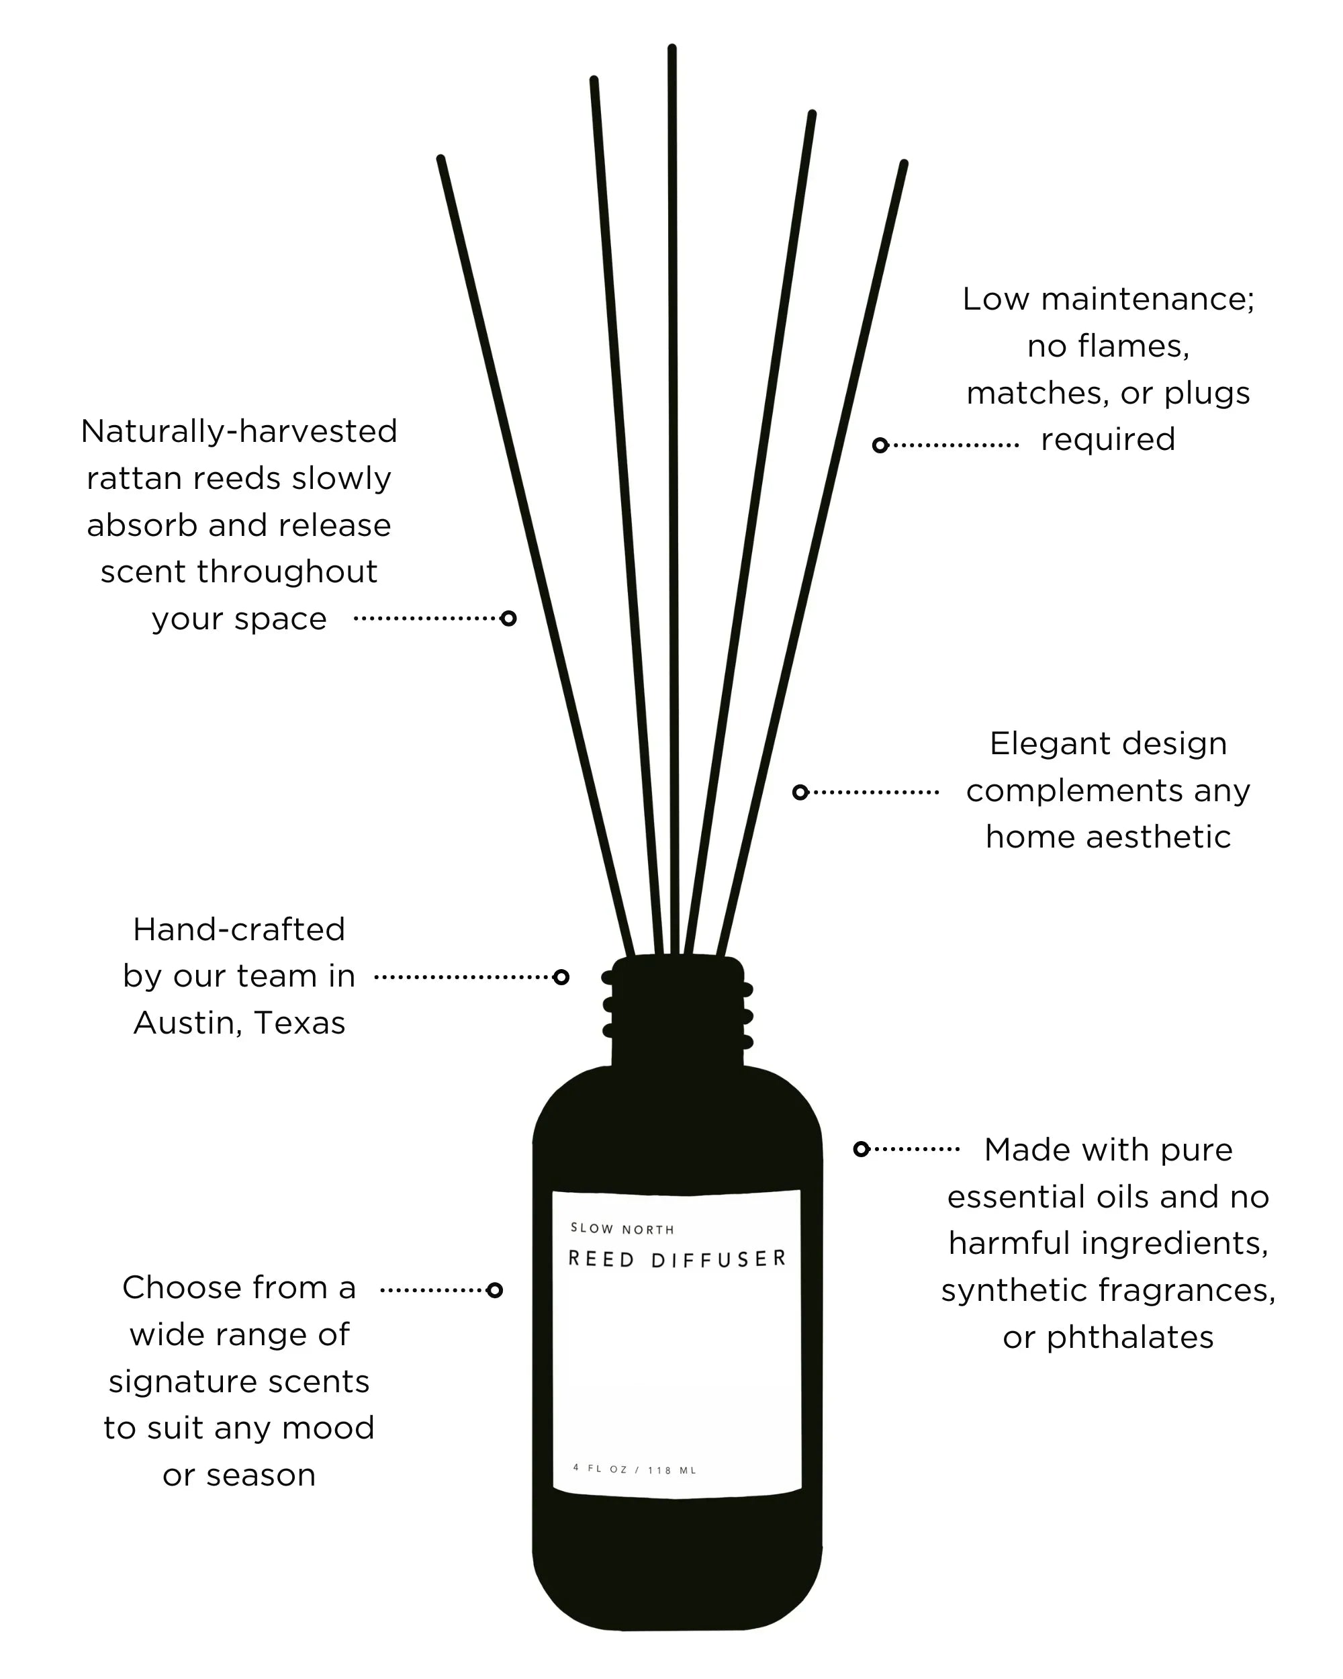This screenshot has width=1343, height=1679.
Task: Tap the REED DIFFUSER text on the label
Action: click(x=677, y=1259)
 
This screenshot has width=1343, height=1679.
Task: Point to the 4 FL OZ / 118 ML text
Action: click(x=635, y=1469)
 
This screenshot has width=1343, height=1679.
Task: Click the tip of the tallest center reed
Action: click(x=672, y=50)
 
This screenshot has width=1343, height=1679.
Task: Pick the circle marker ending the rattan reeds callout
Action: click(x=508, y=619)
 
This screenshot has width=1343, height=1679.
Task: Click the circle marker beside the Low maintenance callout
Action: click(x=880, y=445)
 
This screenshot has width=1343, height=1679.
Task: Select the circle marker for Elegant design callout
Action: click(x=800, y=792)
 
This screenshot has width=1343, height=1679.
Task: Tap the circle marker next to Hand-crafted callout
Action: click(x=561, y=977)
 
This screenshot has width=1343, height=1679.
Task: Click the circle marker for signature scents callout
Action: click(x=494, y=1290)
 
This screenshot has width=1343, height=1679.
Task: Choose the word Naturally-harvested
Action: click(x=239, y=430)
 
